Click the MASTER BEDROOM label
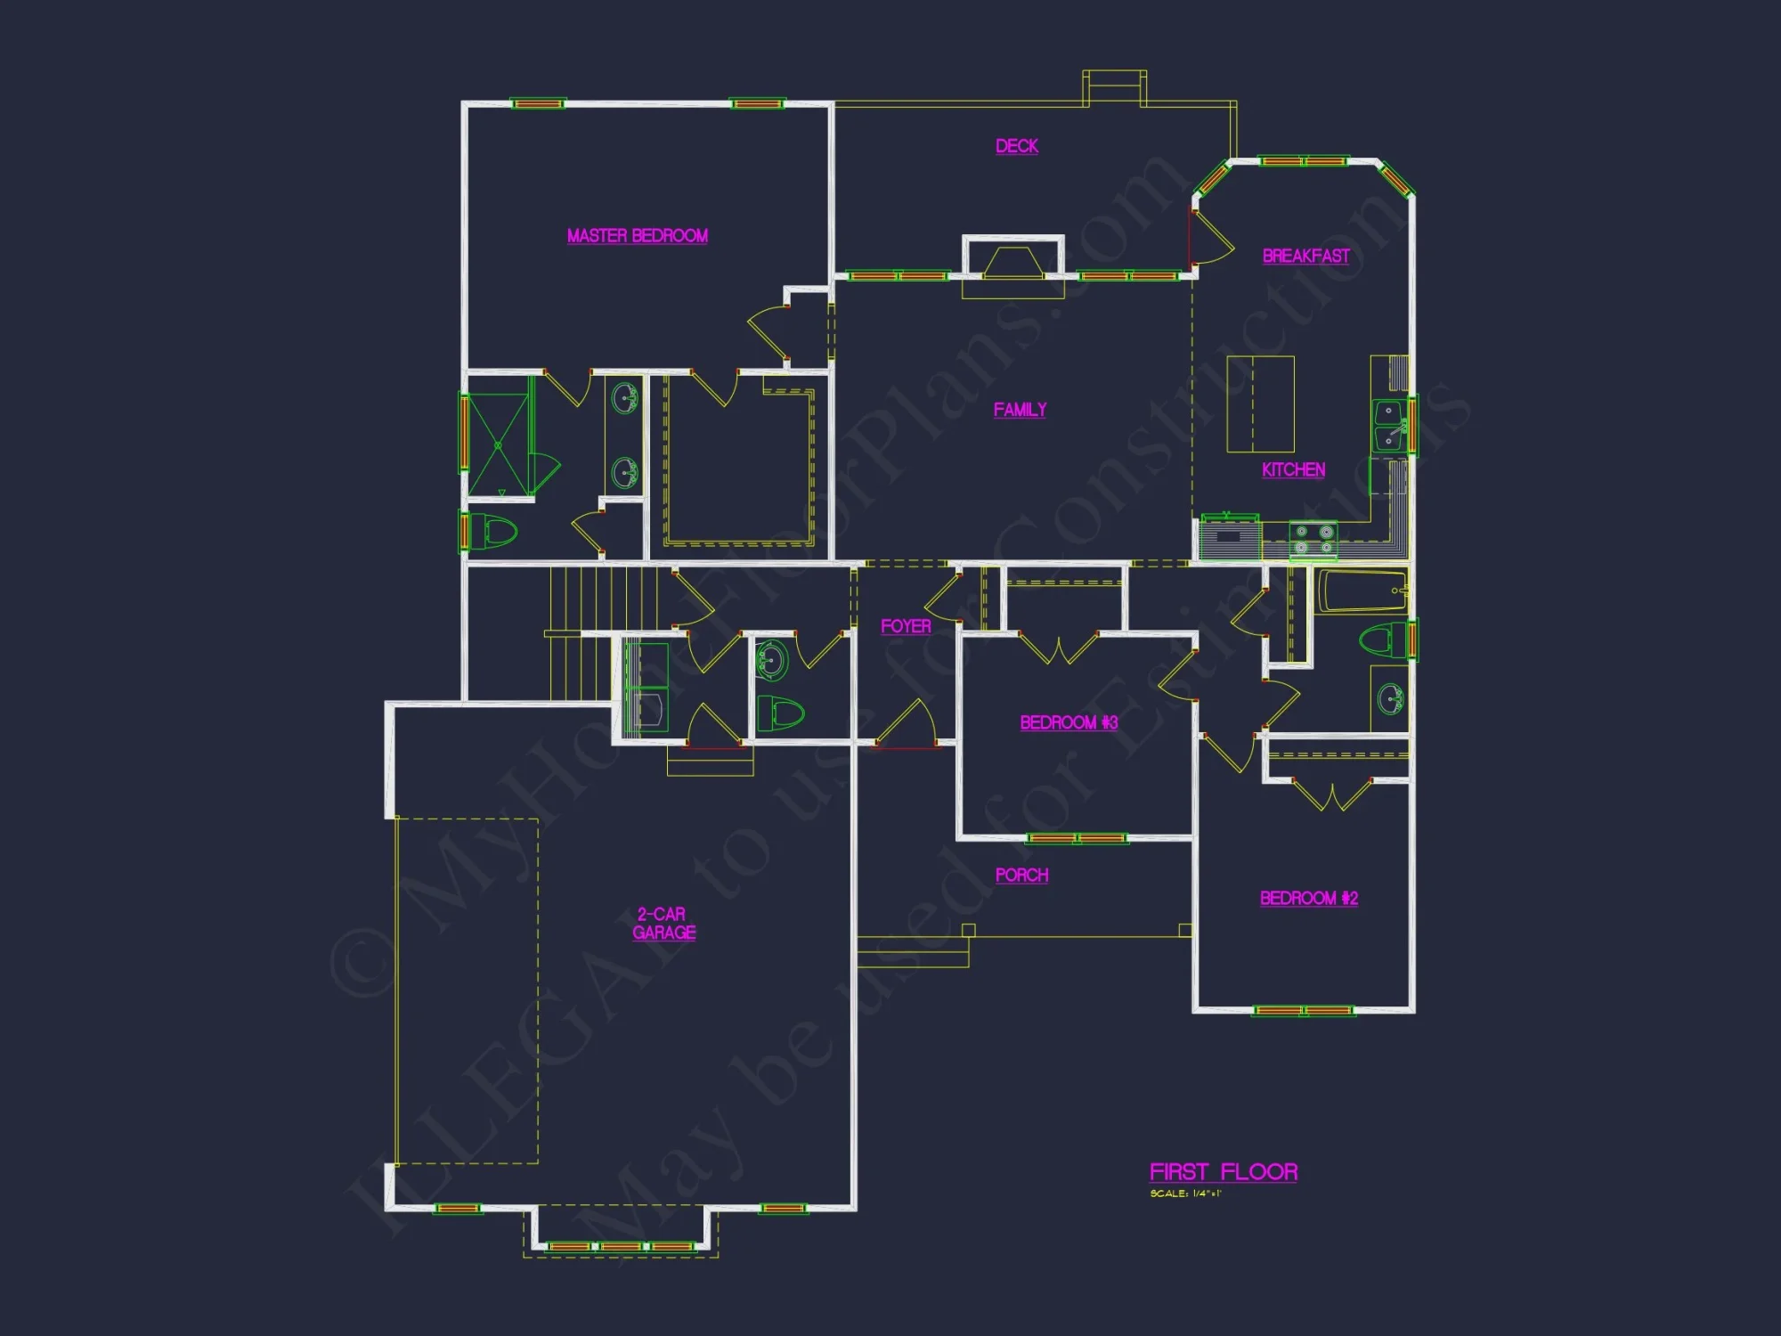[638, 236]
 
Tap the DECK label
[1017, 146]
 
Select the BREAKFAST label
[1305, 257]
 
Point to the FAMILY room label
[1020, 410]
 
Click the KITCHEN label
[1293, 470]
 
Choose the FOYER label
[906, 627]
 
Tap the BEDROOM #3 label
[1069, 722]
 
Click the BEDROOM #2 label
[1308, 898]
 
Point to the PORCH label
[1021, 876]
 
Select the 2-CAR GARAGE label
[663, 924]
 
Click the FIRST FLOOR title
[1224, 1172]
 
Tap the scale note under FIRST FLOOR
[1185, 1193]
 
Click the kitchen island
[1260, 404]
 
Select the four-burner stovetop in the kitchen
[1313, 539]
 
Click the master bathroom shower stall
[498, 444]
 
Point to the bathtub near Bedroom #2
[1361, 591]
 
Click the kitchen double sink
[1388, 426]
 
